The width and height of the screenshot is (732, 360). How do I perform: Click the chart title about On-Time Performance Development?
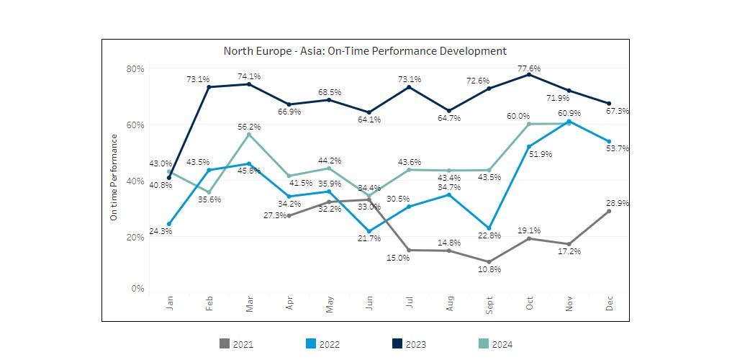click(365, 51)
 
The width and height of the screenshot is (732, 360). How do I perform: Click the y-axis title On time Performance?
click(114, 177)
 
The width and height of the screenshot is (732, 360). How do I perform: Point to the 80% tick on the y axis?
click(135, 69)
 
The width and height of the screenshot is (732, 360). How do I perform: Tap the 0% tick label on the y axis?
click(137, 289)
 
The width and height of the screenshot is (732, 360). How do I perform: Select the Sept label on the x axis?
click(489, 305)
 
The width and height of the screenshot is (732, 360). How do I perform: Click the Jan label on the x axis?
click(170, 303)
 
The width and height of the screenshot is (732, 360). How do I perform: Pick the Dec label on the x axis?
click(610, 303)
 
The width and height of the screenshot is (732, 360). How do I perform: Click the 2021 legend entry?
click(237, 344)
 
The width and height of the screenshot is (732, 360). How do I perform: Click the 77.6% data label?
click(529, 68)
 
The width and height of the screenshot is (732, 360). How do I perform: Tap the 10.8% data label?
click(489, 269)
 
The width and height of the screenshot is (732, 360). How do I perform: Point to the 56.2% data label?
click(249, 127)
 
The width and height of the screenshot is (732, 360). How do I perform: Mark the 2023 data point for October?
click(529, 75)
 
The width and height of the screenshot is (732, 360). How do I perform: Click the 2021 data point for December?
click(609, 211)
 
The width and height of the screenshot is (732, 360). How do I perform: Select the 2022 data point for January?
click(169, 224)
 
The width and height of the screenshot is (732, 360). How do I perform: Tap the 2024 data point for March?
click(249, 135)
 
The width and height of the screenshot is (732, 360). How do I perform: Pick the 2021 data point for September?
click(489, 262)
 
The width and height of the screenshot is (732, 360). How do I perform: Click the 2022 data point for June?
click(369, 231)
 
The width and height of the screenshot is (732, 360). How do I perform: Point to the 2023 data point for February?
click(209, 87)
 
